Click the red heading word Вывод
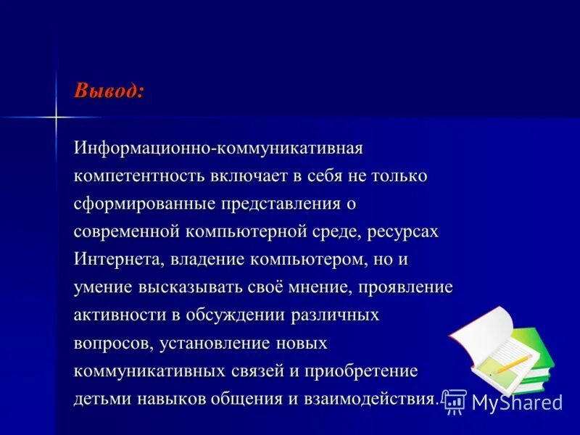pos(108,91)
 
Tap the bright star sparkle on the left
pos(56,116)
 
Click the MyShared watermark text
pos(517,402)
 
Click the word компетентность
pos(138,176)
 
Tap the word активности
pos(118,315)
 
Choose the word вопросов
pos(109,342)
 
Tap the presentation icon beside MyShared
pos(455,401)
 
